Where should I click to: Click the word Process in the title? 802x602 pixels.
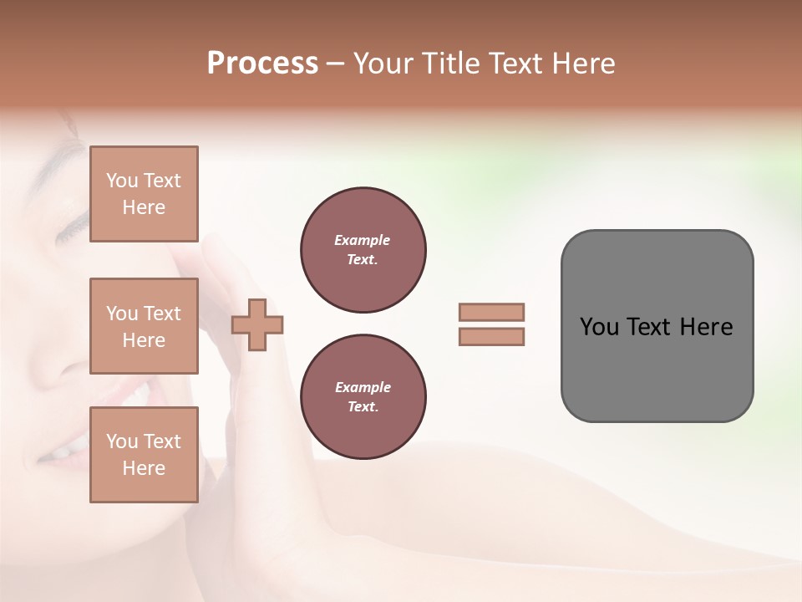(262, 64)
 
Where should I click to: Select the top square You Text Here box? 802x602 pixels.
(144, 194)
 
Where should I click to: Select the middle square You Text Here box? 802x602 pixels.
(144, 326)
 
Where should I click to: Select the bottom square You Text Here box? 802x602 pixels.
(144, 455)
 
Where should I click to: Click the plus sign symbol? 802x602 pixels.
(257, 324)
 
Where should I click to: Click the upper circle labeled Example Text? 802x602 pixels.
(363, 250)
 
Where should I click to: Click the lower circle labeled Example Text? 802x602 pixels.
(363, 397)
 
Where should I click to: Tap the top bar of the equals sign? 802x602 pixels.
(492, 312)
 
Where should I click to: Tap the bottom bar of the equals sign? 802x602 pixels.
(492, 336)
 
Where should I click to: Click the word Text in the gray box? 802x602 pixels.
(651, 327)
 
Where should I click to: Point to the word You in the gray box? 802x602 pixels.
(599, 327)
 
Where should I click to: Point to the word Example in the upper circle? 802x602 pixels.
(363, 240)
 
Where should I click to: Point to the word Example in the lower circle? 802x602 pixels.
(363, 387)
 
